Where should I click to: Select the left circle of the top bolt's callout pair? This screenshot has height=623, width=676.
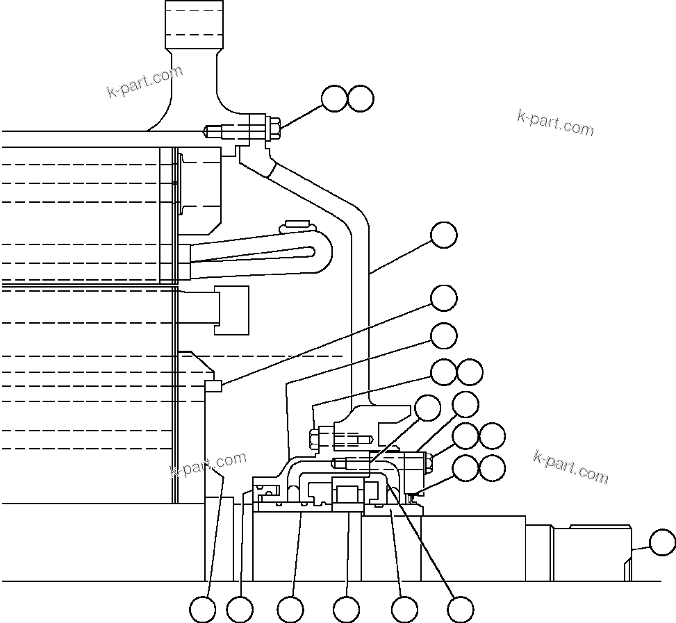(335, 99)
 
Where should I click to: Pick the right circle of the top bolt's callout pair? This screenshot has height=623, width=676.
(361, 99)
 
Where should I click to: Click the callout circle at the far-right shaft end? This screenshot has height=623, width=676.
(662, 542)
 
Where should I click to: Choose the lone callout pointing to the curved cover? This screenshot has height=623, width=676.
(444, 235)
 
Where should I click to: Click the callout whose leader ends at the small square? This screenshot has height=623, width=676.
(444, 298)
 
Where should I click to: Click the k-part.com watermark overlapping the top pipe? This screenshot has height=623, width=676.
(145, 81)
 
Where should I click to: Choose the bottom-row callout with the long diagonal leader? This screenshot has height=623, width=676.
(460, 610)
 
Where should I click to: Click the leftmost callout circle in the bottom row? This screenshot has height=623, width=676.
(203, 610)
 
